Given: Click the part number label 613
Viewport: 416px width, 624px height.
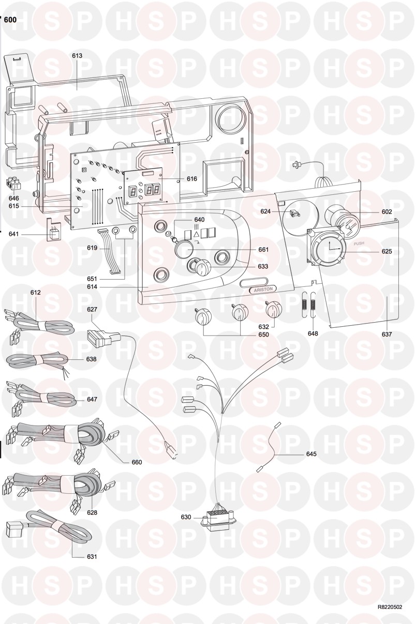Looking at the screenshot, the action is pos(77,56).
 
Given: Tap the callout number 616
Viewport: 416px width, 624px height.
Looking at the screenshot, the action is pos(192,178).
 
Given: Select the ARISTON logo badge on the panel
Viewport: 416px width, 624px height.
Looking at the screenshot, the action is pos(263,290).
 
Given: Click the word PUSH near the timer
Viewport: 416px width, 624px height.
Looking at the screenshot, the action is pos(359,243).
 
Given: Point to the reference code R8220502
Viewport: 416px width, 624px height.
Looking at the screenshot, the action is pos(390,597).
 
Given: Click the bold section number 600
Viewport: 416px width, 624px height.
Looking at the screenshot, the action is pos(10,20).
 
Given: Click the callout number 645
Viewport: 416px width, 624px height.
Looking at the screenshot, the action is pos(311,454).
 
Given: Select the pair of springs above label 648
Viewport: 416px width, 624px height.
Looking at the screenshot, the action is pos(309,305).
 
